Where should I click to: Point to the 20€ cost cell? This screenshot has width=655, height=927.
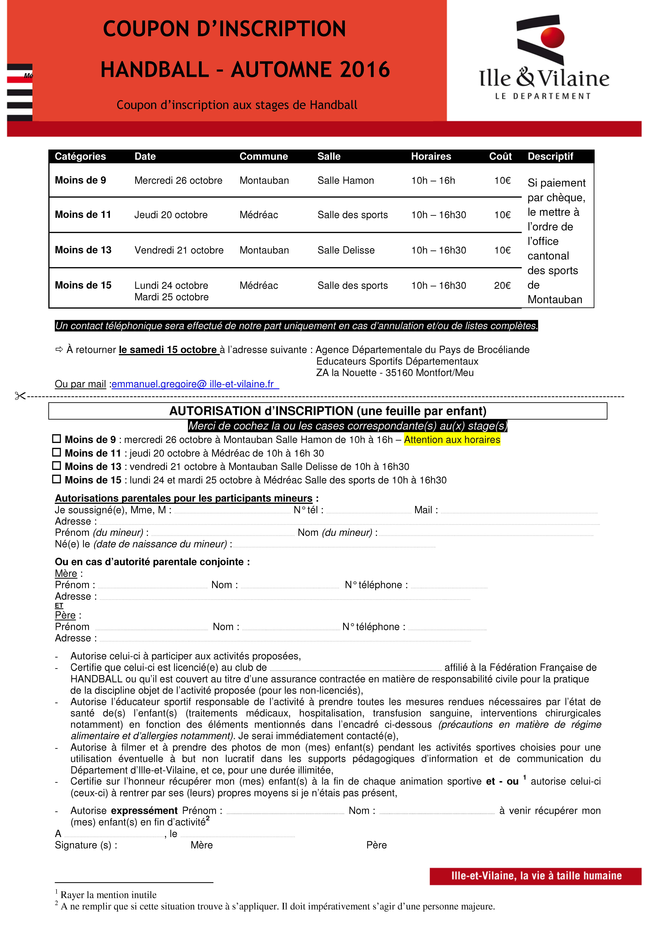(x=502, y=285)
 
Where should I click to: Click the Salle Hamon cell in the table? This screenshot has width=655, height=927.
(x=345, y=180)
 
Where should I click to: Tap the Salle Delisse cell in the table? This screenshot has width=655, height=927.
(x=346, y=250)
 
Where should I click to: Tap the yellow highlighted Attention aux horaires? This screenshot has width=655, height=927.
(x=452, y=440)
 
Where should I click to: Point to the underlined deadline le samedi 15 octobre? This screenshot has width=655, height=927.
(x=168, y=350)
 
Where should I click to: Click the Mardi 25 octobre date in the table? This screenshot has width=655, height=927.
(x=172, y=297)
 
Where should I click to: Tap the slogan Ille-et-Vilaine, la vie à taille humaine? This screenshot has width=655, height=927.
(x=536, y=876)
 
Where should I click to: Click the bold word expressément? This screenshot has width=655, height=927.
(x=144, y=811)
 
